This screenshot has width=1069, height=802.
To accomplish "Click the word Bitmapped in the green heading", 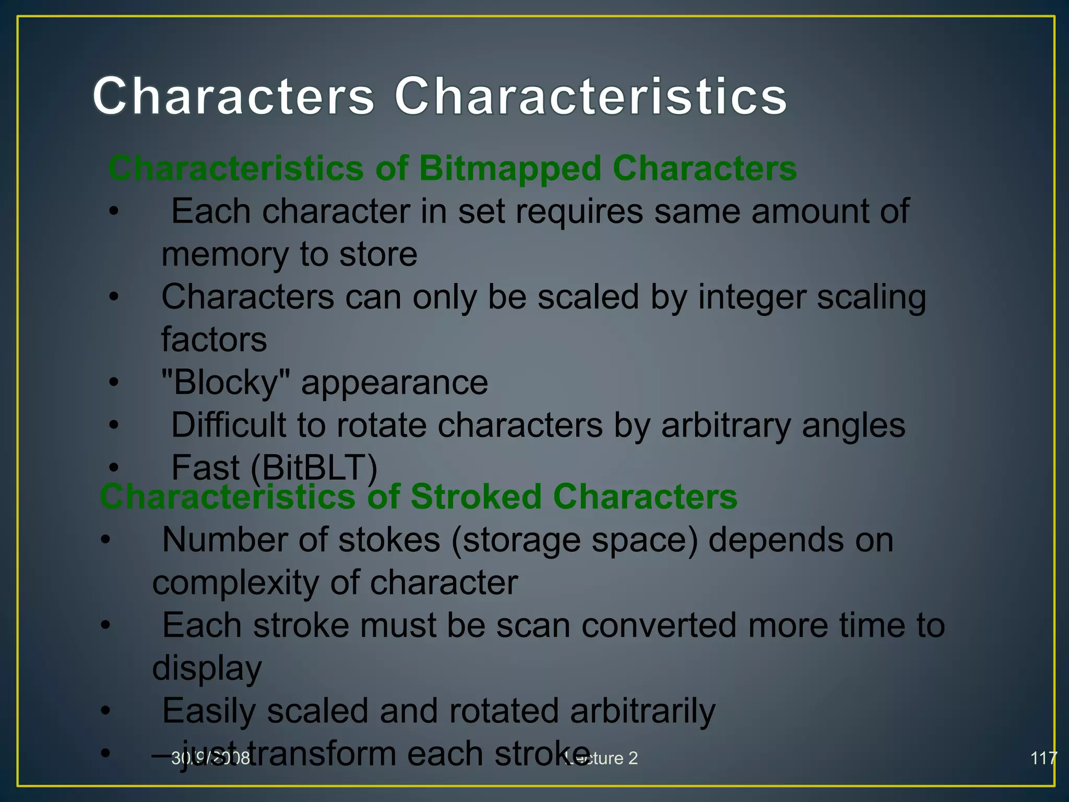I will click(x=510, y=169).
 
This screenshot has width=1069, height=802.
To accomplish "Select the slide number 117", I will click(x=1043, y=758).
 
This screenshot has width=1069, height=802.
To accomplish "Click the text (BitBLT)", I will click(x=314, y=467).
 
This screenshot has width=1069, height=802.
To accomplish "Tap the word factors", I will click(x=214, y=340).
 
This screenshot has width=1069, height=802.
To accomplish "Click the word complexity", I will click(x=235, y=583).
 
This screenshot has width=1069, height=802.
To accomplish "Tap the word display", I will click(x=207, y=668).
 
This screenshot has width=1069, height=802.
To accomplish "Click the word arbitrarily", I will click(x=642, y=711).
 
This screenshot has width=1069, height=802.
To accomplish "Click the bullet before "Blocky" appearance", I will click(x=114, y=382).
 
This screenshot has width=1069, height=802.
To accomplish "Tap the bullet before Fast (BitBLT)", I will click(x=114, y=467).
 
